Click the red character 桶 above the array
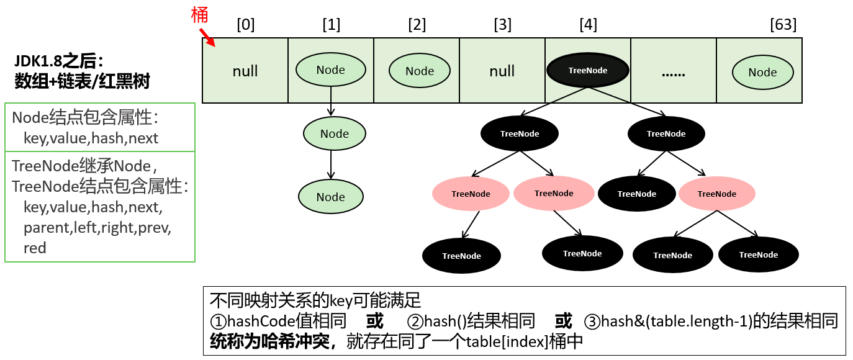199,15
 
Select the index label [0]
246,25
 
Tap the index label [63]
783,25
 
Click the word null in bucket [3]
502,71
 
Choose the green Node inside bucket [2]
420,71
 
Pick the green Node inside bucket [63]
762,72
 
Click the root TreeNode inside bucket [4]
588,70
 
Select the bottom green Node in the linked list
330,197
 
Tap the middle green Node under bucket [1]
335,133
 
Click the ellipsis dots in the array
673,73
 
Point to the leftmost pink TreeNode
471,194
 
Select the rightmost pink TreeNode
716,194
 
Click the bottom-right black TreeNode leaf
758,254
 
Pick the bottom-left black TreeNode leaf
461,255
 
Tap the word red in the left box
35,248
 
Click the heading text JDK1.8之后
58,61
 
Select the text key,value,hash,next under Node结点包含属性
91,138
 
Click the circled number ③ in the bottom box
592,322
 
